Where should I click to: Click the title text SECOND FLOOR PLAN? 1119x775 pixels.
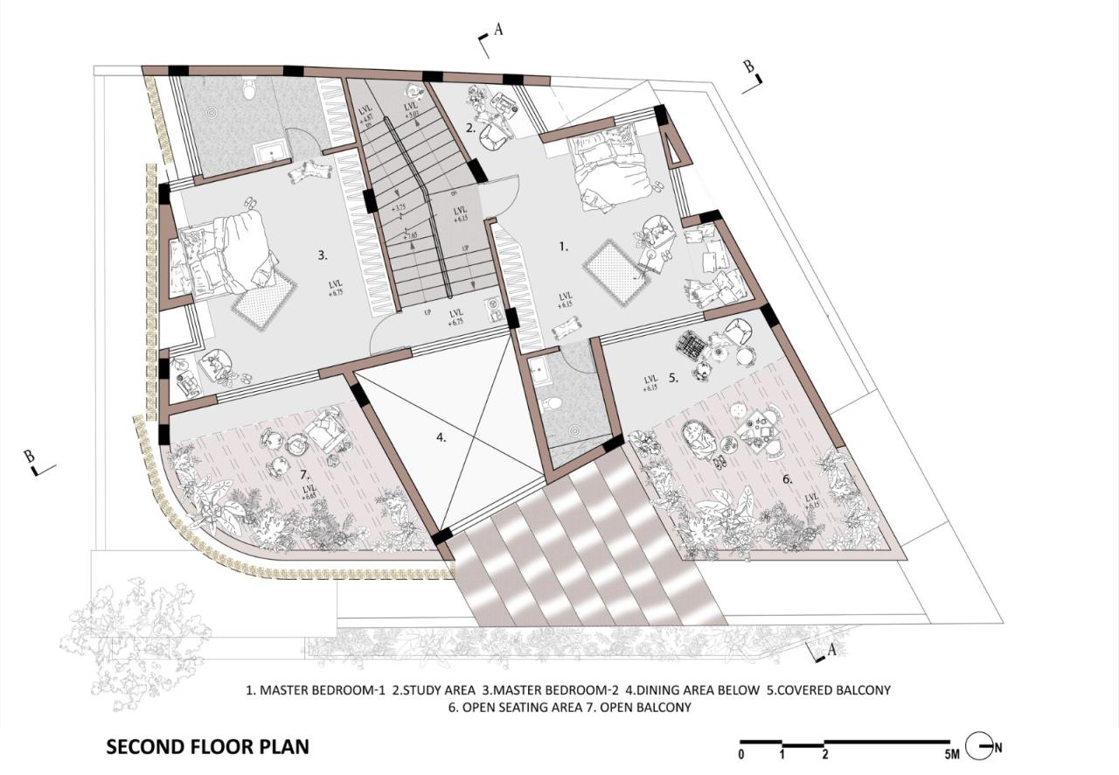click(x=207, y=748)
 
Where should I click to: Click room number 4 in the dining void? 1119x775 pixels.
click(x=441, y=436)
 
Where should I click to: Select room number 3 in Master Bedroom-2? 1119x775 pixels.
click(x=323, y=255)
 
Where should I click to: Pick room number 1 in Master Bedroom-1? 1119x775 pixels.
click(x=564, y=248)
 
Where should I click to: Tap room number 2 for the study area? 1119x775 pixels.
click(x=470, y=128)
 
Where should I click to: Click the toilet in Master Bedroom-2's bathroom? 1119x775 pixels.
click(x=250, y=87)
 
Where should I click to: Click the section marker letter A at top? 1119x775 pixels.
click(x=498, y=30)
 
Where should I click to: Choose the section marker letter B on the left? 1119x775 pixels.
click(x=29, y=456)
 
